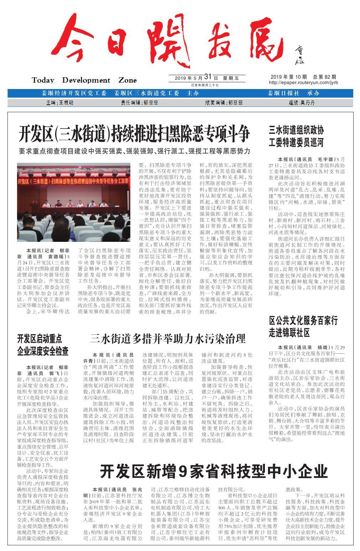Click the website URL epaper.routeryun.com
pyautogui.click(x=304, y=83)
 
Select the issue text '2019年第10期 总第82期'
pyautogui.click(x=303, y=77)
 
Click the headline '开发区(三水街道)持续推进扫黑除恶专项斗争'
pyautogui.click(x=134, y=133)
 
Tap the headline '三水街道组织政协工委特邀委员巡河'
pyautogui.click(x=296, y=136)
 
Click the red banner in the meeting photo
pyautogui.click(x=74, y=181)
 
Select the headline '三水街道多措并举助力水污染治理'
pyautogui.click(x=168, y=338)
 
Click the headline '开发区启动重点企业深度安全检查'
pyautogui.click(x=43, y=345)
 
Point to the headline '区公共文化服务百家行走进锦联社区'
pyautogui.click(x=303, y=326)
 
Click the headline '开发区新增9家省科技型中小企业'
pyautogui.click(x=213, y=472)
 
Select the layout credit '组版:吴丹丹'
pyautogui.click(x=302, y=103)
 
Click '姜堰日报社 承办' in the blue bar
pyautogui.click(x=293, y=93)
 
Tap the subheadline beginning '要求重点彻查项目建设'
pyautogui.click(x=134, y=151)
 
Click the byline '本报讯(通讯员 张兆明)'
pyautogui.click(x=113, y=492)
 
